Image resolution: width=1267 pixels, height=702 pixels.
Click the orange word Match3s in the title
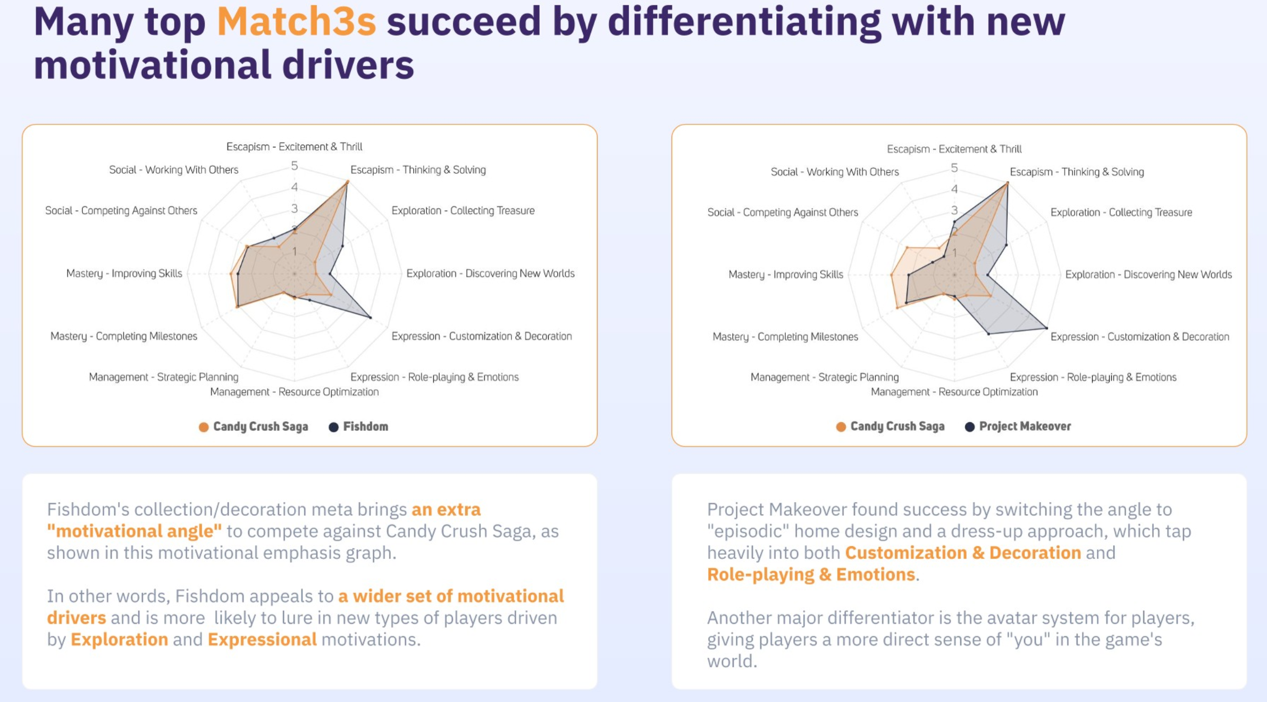point(296,22)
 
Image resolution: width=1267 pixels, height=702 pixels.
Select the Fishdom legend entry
point(358,427)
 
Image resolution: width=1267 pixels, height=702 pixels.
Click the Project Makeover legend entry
point(1018,427)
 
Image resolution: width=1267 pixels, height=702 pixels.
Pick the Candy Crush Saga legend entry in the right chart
point(890,427)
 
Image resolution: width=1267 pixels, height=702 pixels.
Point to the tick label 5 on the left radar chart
point(294,166)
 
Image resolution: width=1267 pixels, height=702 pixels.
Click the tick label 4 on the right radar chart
point(954,189)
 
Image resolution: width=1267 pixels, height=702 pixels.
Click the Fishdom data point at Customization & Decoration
point(371,317)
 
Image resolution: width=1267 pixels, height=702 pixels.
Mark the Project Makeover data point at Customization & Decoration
point(1046,328)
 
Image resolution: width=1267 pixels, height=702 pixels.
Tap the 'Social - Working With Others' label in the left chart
point(174,170)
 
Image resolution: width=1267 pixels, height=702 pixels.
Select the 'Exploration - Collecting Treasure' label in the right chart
point(1121,212)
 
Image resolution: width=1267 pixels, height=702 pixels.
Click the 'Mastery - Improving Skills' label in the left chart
point(124,273)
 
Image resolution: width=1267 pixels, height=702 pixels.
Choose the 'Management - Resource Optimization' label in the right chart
point(954,392)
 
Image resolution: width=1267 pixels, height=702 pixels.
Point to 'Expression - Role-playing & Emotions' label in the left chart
point(434,377)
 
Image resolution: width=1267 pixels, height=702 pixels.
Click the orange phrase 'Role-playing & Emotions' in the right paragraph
point(811,574)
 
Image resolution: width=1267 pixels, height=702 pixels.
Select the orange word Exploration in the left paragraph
point(119,639)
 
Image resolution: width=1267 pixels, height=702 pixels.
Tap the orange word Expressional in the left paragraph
point(262,639)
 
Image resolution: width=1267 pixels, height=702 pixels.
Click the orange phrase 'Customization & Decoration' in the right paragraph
point(963,553)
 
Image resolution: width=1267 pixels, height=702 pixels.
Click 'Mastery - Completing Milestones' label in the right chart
point(785,337)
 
